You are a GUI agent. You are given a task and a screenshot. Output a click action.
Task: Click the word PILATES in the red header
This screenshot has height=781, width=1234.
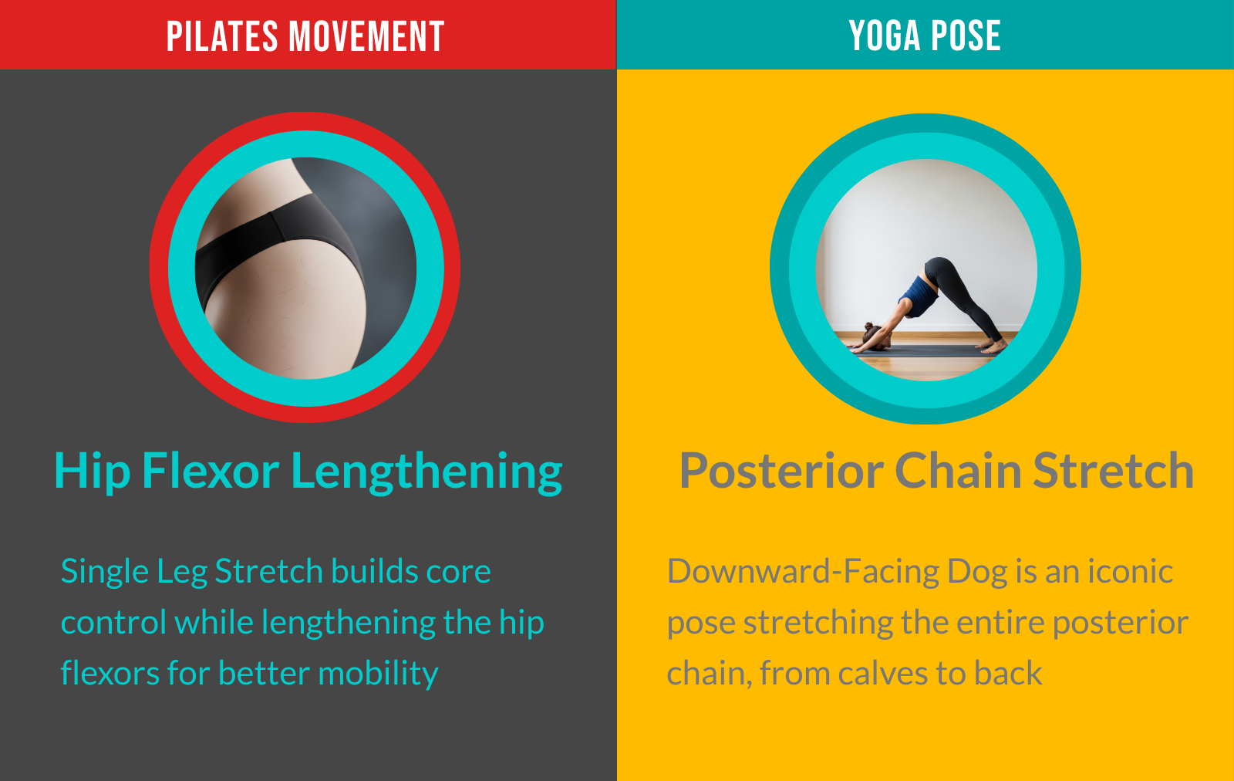click(222, 37)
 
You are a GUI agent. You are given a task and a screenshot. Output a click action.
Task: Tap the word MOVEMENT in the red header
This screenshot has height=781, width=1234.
click(366, 37)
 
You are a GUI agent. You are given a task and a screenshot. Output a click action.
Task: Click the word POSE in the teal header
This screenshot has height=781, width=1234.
click(966, 35)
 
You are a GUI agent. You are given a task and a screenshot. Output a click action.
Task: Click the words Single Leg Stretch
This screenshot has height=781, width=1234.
click(192, 572)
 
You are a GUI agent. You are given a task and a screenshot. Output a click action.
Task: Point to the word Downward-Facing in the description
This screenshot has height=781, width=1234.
click(803, 571)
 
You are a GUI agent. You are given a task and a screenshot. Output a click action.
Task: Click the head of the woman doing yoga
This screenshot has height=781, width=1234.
click(872, 335)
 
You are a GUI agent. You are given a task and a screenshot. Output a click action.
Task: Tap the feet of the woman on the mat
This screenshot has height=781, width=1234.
click(992, 347)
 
